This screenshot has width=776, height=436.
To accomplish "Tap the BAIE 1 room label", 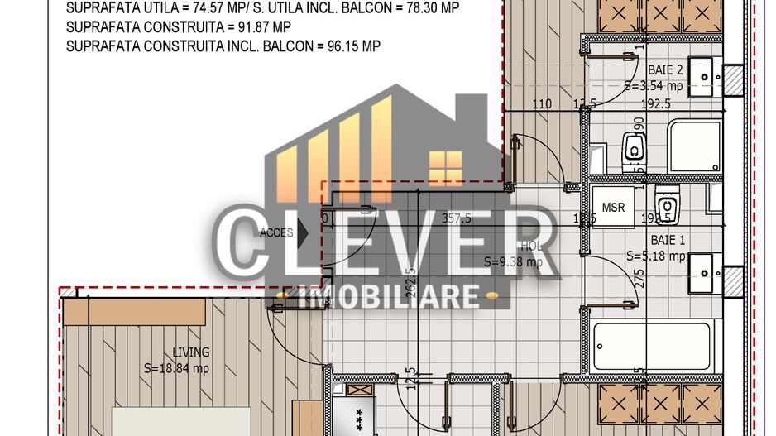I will coord(668,240).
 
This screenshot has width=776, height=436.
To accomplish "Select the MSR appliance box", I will coord(613,207).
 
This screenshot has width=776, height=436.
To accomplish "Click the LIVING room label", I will coord(191,352).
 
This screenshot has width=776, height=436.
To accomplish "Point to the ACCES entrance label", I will coord(276,233).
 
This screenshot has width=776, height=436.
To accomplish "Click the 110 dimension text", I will coord(542,104).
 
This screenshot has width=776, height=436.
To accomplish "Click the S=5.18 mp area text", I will coord(656,256).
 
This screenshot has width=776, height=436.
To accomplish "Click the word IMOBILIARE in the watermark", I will coord(388,296).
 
